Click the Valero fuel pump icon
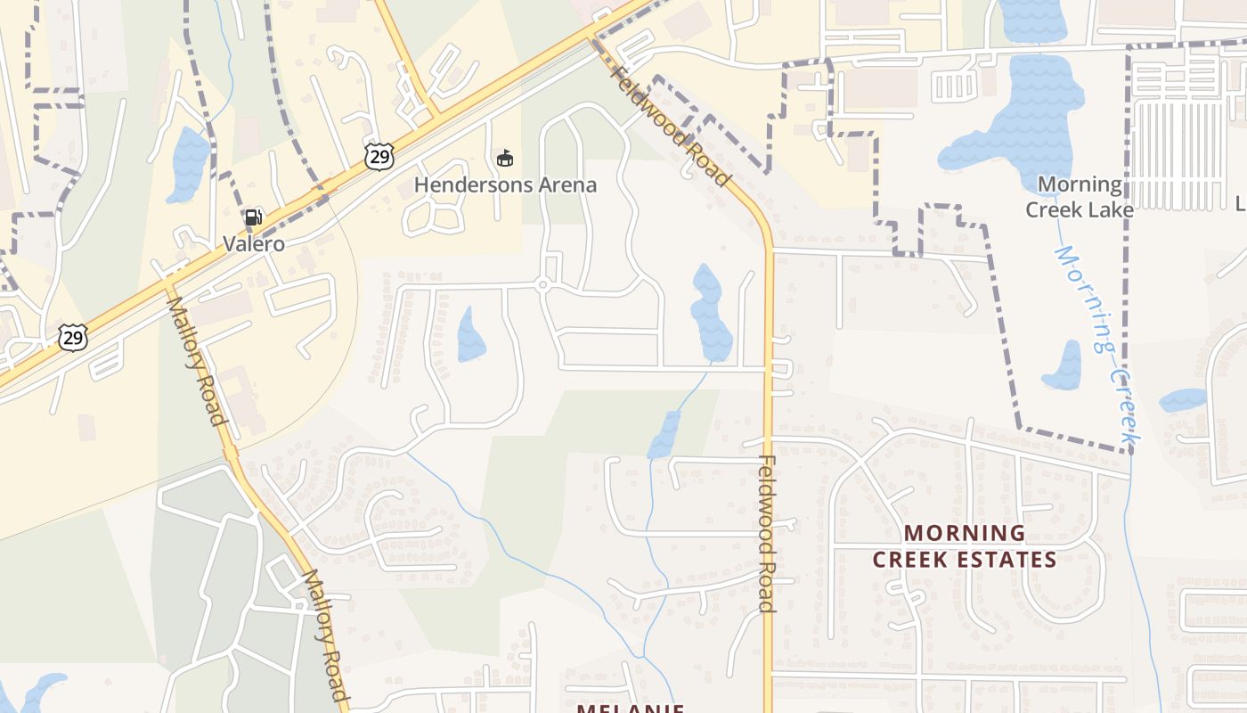[253, 217]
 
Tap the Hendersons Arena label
[505, 185]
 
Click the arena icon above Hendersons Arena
[505, 159]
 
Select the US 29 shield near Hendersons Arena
[379, 155]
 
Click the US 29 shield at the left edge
[73, 337]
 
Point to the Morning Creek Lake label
[1080, 197]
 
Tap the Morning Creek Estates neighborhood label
[965, 546]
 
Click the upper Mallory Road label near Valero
[195, 361]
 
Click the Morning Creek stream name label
[1098, 346]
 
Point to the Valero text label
[254, 244]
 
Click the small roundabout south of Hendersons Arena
[542, 285]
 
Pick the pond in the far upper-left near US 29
[188, 165]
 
